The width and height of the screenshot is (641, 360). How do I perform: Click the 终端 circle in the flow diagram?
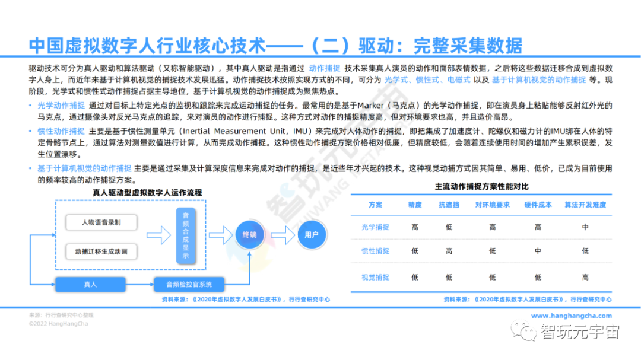[249, 235]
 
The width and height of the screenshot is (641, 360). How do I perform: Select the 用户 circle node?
[312, 235]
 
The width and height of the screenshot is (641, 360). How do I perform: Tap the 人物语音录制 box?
[101, 222]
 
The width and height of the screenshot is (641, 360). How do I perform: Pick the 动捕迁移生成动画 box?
[101, 251]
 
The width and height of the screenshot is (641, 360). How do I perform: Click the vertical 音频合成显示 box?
[186, 236]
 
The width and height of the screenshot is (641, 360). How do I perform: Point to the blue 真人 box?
[90, 284]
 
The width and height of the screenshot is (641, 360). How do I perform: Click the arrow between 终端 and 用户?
[281, 235]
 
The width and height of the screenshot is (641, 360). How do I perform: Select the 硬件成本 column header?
[538, 205]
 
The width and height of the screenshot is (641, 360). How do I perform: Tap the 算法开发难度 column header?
[585, 205]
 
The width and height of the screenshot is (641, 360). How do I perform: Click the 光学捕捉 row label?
[375, 227]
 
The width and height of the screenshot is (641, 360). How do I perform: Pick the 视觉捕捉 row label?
[375, 277]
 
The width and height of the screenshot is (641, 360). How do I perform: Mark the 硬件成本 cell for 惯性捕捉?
[538, 251]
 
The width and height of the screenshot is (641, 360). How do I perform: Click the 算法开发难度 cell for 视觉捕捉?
[585, 277]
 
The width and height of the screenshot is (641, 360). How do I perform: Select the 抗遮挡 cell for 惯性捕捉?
[449, 251]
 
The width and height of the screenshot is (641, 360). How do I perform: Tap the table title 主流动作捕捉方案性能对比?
[481, 187]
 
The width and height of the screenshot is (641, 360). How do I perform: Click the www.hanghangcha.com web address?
[571, 316]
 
